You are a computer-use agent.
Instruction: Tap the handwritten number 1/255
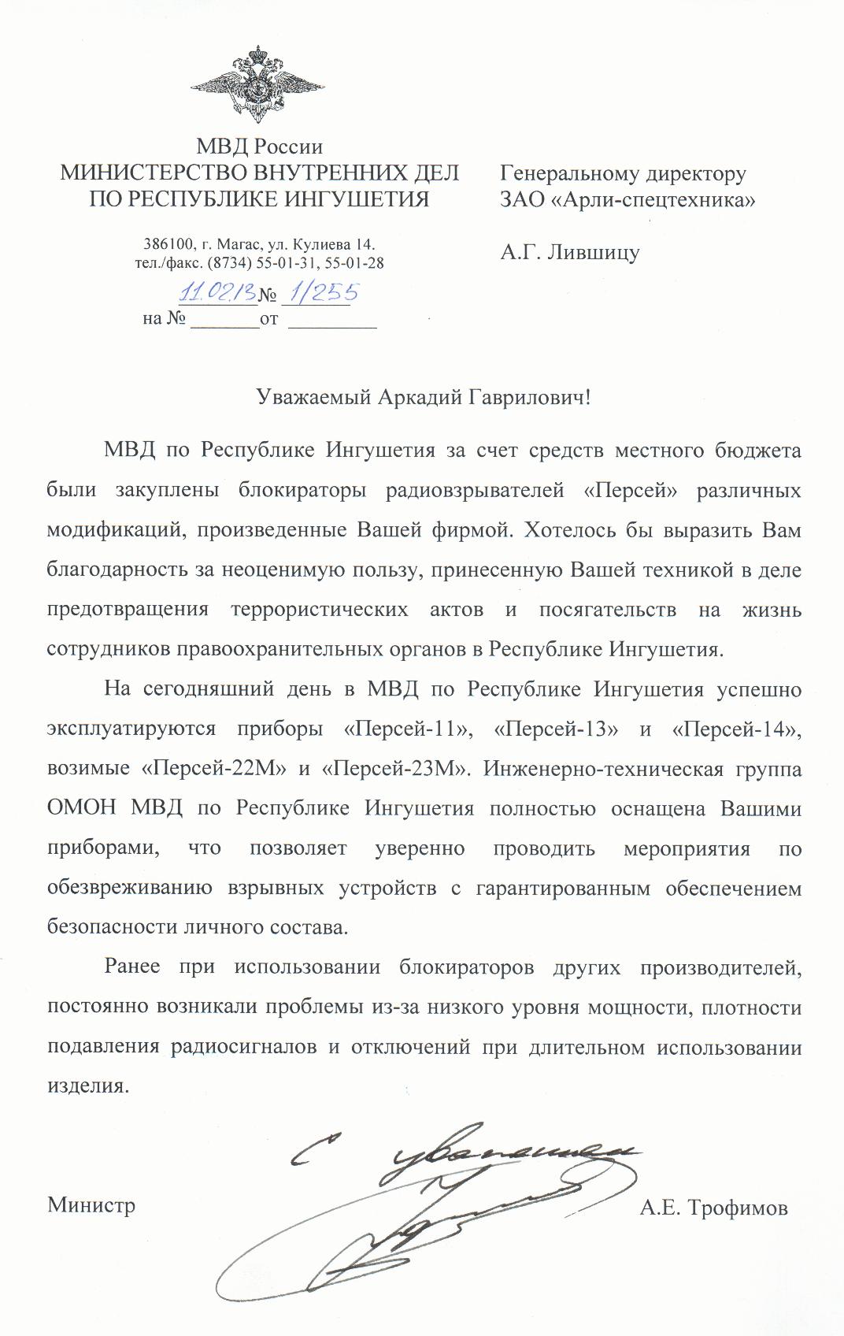(x=324, y=292)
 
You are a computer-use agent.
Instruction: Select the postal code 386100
(x=165, y=244)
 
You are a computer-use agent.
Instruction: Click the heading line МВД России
(x=259, y=147)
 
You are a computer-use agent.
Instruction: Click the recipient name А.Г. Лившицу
(x=570, y=253)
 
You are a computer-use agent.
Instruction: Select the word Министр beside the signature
(x=91, y=1205)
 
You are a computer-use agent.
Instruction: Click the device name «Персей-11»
(x=409, y=729)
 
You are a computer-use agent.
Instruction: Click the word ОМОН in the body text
(x=81, y=808)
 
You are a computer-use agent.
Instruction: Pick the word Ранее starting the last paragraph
(x=131, y=967)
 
